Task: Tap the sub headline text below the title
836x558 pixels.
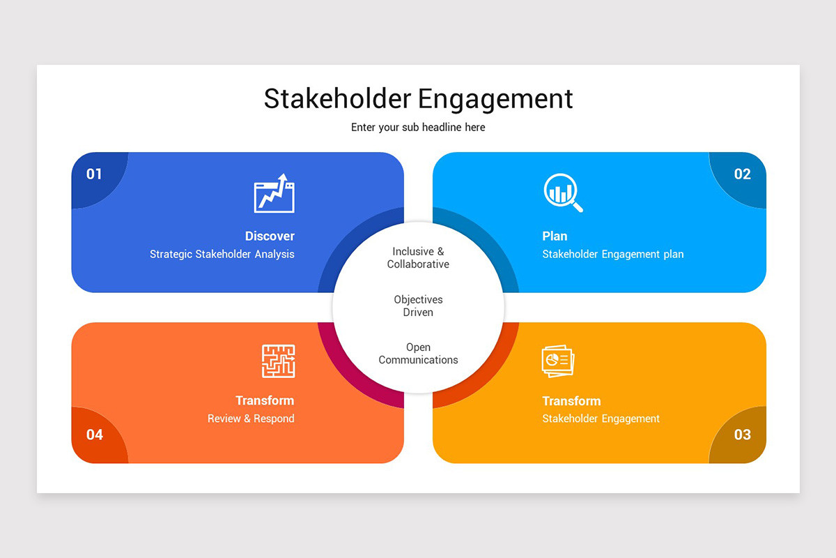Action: (x=418, y=127)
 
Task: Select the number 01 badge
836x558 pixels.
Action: (x=94, y=174)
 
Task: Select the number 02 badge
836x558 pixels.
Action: (x=743, y=174)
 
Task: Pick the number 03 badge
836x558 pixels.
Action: (x=743, y=435)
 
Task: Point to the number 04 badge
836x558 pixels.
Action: (x=95, y=435)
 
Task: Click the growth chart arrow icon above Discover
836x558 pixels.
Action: (x=274, y=193)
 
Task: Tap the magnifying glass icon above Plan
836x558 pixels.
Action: (x=563, y=193)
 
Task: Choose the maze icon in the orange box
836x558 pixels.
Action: (x=278, y=361)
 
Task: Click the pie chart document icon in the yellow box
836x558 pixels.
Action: (x=558, y=361)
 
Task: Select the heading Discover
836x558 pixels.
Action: (x=270, y=236)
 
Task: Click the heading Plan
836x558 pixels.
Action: (x=555, y=236)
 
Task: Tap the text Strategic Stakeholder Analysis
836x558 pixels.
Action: (x=222, y=254)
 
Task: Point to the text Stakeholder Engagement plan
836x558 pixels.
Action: (x=613, y=254)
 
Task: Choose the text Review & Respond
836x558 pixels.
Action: (x=251, y=418)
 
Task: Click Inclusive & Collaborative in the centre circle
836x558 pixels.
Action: (x=418, y=257)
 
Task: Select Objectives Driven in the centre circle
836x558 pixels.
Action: (x=418, y=306)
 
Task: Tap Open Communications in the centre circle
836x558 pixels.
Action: (x=418, y=354)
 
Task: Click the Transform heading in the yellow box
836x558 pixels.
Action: (x=571, y=400)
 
